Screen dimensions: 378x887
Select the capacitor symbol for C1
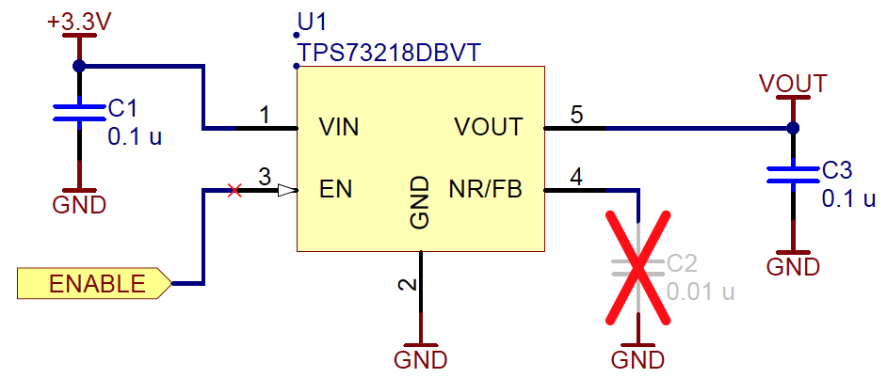click(x=79, y=113)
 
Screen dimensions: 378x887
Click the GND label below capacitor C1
click(x=79, y=205)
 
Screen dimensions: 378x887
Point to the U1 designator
click(x=311, y=22)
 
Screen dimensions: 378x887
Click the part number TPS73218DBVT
click(x=389, y=52)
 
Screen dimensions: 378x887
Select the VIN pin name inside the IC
click(x=339, y=127)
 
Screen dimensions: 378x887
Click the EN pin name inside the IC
click(x=335, y=189)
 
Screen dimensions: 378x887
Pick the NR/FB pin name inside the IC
click(x=485, y=189)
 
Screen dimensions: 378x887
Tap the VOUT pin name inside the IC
click(x=488, y=127)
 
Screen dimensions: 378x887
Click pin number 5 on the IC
click(x=576, y=115)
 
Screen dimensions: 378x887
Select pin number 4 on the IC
click(x=576, y=177)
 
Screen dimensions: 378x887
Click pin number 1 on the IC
click(x=265, y=115)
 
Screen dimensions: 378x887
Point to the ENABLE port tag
click(x=95, y=283)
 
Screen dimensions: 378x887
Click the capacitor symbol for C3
click(x=793, y=174)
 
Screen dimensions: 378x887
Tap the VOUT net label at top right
click(x=793, y=84)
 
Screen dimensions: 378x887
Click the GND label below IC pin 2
click(x=421, y=358)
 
